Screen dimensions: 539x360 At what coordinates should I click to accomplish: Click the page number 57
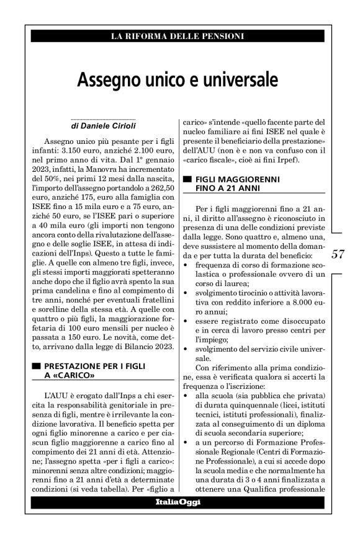pos(338,254)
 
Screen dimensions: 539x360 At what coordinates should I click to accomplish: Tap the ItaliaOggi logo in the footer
pos(178,501)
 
